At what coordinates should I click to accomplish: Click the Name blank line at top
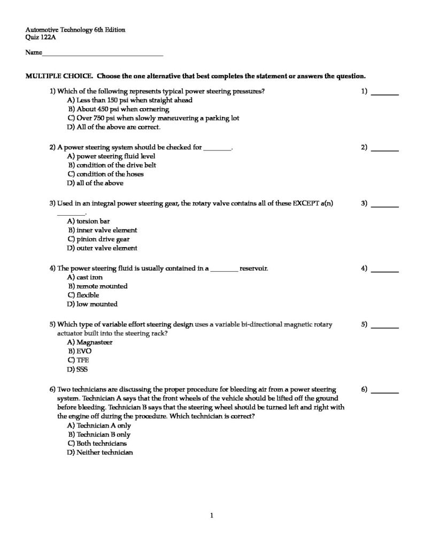102,55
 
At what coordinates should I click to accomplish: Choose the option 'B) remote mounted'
97,286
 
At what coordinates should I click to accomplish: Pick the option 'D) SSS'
77,369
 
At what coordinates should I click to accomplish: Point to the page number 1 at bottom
212,516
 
